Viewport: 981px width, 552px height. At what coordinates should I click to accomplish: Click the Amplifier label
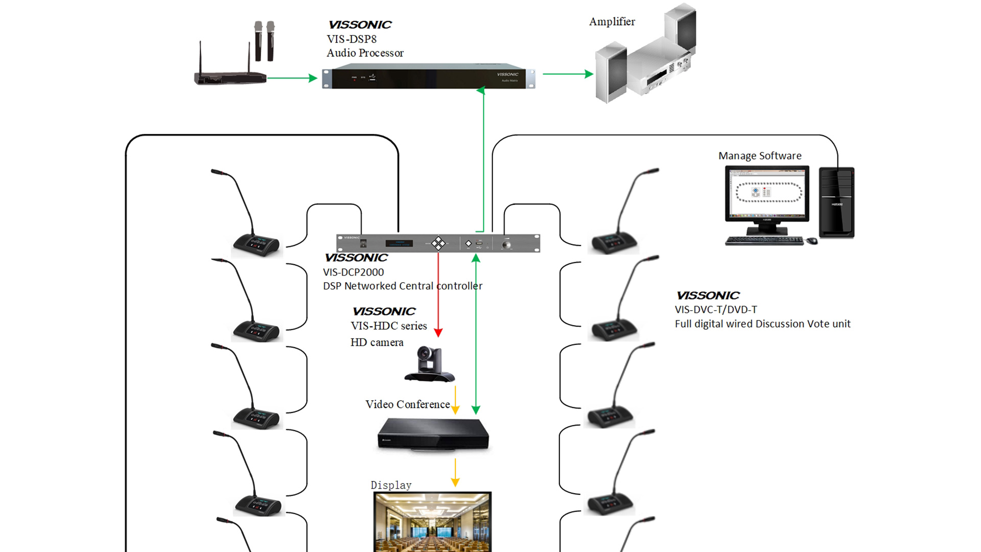tap(612, 21)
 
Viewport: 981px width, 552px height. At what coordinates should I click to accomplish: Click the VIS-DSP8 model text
tap(352, 39)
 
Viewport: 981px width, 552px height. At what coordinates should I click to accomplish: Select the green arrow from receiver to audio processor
tap(292, 78)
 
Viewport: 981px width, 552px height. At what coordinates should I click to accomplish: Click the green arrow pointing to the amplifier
tap(567, 74)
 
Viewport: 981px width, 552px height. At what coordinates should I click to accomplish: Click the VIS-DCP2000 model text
tap(353, 272)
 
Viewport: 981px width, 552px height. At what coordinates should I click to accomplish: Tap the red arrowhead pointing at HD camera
tap(438, 332)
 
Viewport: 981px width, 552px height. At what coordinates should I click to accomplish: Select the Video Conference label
tap(407, 404)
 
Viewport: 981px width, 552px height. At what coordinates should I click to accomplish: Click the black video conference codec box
tap(433, 434)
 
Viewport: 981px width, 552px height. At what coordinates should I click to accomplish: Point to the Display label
tap(391, 485)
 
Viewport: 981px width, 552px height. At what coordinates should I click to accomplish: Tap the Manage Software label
tap(759, 156)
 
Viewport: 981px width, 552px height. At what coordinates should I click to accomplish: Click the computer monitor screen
tap(767, 193)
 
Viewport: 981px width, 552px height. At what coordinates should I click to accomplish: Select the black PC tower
tap(836, 202)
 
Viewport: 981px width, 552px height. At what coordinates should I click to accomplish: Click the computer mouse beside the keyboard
tap(812, 241)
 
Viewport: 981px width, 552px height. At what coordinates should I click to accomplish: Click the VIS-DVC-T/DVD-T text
tap(715, 310)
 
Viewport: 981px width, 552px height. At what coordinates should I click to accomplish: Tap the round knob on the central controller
tap(506, 245)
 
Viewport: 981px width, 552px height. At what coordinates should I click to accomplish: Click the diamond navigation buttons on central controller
tap(438, 243)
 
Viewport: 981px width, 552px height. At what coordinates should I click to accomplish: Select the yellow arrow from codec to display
tap(455, 472)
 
